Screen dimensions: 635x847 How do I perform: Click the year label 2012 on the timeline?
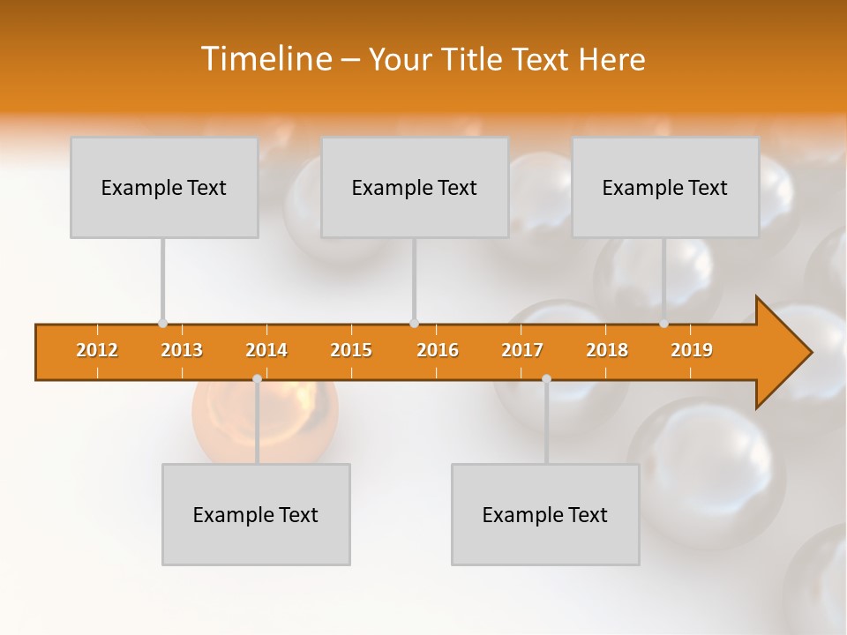coord(97,350)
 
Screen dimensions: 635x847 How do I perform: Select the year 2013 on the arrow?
coord(182,350)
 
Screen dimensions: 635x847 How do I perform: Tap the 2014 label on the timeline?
coord(266,350)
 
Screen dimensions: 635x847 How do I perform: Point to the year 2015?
coord(351,350)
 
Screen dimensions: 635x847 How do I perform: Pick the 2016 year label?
coord(438,350)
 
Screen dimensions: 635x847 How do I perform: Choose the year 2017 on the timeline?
coord(522,350)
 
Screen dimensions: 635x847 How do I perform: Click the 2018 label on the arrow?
coord(607,350)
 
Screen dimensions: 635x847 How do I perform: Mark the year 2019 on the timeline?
coord(692,350)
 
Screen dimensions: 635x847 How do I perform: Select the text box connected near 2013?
coord(164,187)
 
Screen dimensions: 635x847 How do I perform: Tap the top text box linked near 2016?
coord(415,187)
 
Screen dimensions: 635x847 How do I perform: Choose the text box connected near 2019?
coord(665,187)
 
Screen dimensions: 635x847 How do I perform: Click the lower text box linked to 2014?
coord(256,514)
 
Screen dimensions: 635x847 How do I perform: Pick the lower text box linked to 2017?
coord(545,514)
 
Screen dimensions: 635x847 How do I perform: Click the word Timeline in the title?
coord(265,59)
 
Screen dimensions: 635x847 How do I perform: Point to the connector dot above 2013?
coord(162,324)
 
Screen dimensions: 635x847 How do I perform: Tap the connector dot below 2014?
coord(257,378)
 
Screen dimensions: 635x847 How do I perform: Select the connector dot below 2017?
coord(546,378)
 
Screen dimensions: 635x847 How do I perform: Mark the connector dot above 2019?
coord(664,324)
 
